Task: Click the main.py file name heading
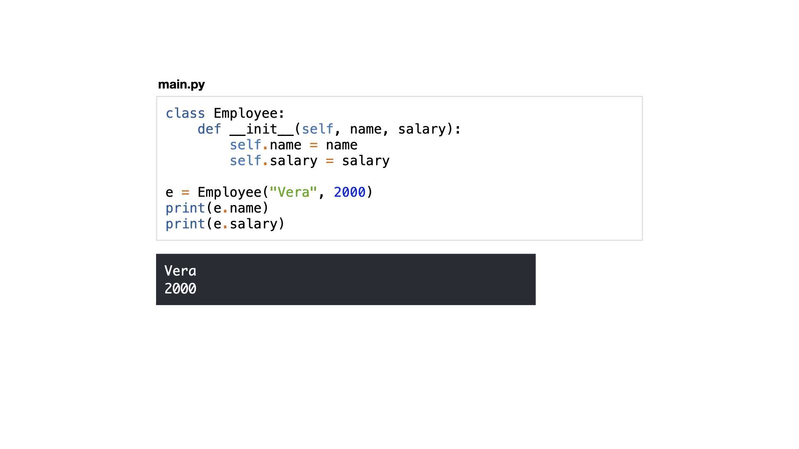pyautogui.click(x=181, y=85)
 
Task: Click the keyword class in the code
pyautogui.click(x=185, y=113)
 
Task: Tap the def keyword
pyautogui.click(x=209, y=129)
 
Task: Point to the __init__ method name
pyautogui.click(x=261, y=129)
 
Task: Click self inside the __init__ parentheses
pyautogui.click(x=318, y=129)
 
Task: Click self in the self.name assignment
pyautogui.click(x=246, y=145)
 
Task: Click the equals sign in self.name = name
pyautogui.click(x=314, y=145)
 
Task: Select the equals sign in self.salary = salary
pyautogui.click(x=330, y=161)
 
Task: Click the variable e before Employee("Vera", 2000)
pyautogui.click(x=169, y=192)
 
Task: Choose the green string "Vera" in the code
pyautogui.click(x=293, y=192)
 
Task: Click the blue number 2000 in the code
pyautogui.click(x=350, y=192)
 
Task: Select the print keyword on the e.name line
pyautogui.click(x=185, y=208)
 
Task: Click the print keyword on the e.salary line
pyautogui.click(x=185, y=224)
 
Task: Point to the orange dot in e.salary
pyautogui.click(x=225, y=227)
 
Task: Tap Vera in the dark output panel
pyautogui.click(x=180, y=271)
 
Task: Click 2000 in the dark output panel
pyautogui.click(x=180, y=289)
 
